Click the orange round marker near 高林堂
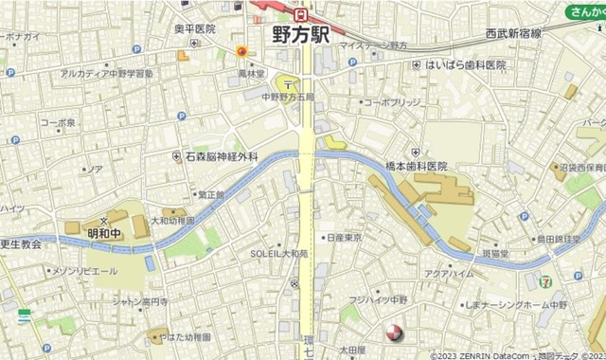coord(242,51)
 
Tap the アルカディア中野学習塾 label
coord(106,72)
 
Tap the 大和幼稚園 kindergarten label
coord(172,220)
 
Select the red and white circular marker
coord(393,333)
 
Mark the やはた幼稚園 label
coord(185,336)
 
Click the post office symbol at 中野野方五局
coord(286,82)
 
